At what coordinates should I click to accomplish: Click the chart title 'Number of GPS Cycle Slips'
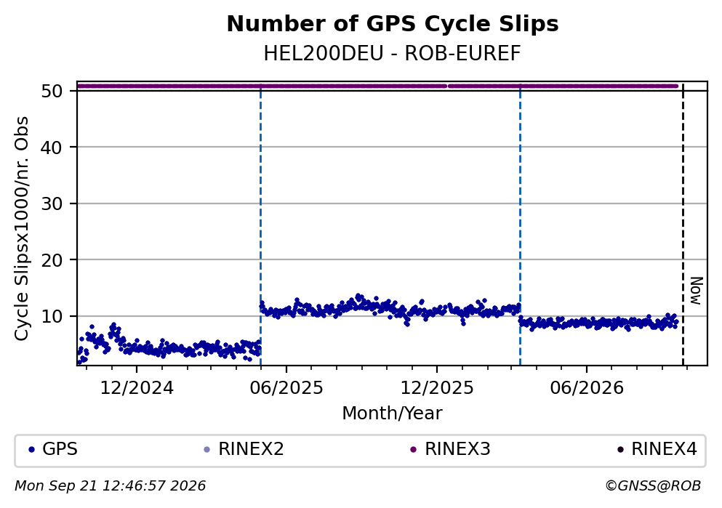393,24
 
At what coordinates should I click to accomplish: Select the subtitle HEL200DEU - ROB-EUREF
393,54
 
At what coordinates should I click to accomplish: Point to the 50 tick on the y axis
52,91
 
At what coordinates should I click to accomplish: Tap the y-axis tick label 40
52,148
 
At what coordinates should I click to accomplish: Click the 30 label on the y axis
52,203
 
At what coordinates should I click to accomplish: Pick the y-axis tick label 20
52,260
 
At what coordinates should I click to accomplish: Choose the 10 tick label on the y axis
52,317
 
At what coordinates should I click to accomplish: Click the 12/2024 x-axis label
137,388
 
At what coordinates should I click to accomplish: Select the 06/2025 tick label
286,388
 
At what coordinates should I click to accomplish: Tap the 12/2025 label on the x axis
436,388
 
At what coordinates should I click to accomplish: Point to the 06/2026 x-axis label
587,388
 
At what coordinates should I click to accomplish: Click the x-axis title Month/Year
393,414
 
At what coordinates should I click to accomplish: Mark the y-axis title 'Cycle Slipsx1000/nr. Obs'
22,229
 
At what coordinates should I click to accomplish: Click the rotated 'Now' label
697,291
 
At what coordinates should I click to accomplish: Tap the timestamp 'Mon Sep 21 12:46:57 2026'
110,486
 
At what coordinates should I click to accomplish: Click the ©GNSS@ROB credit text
653,486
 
